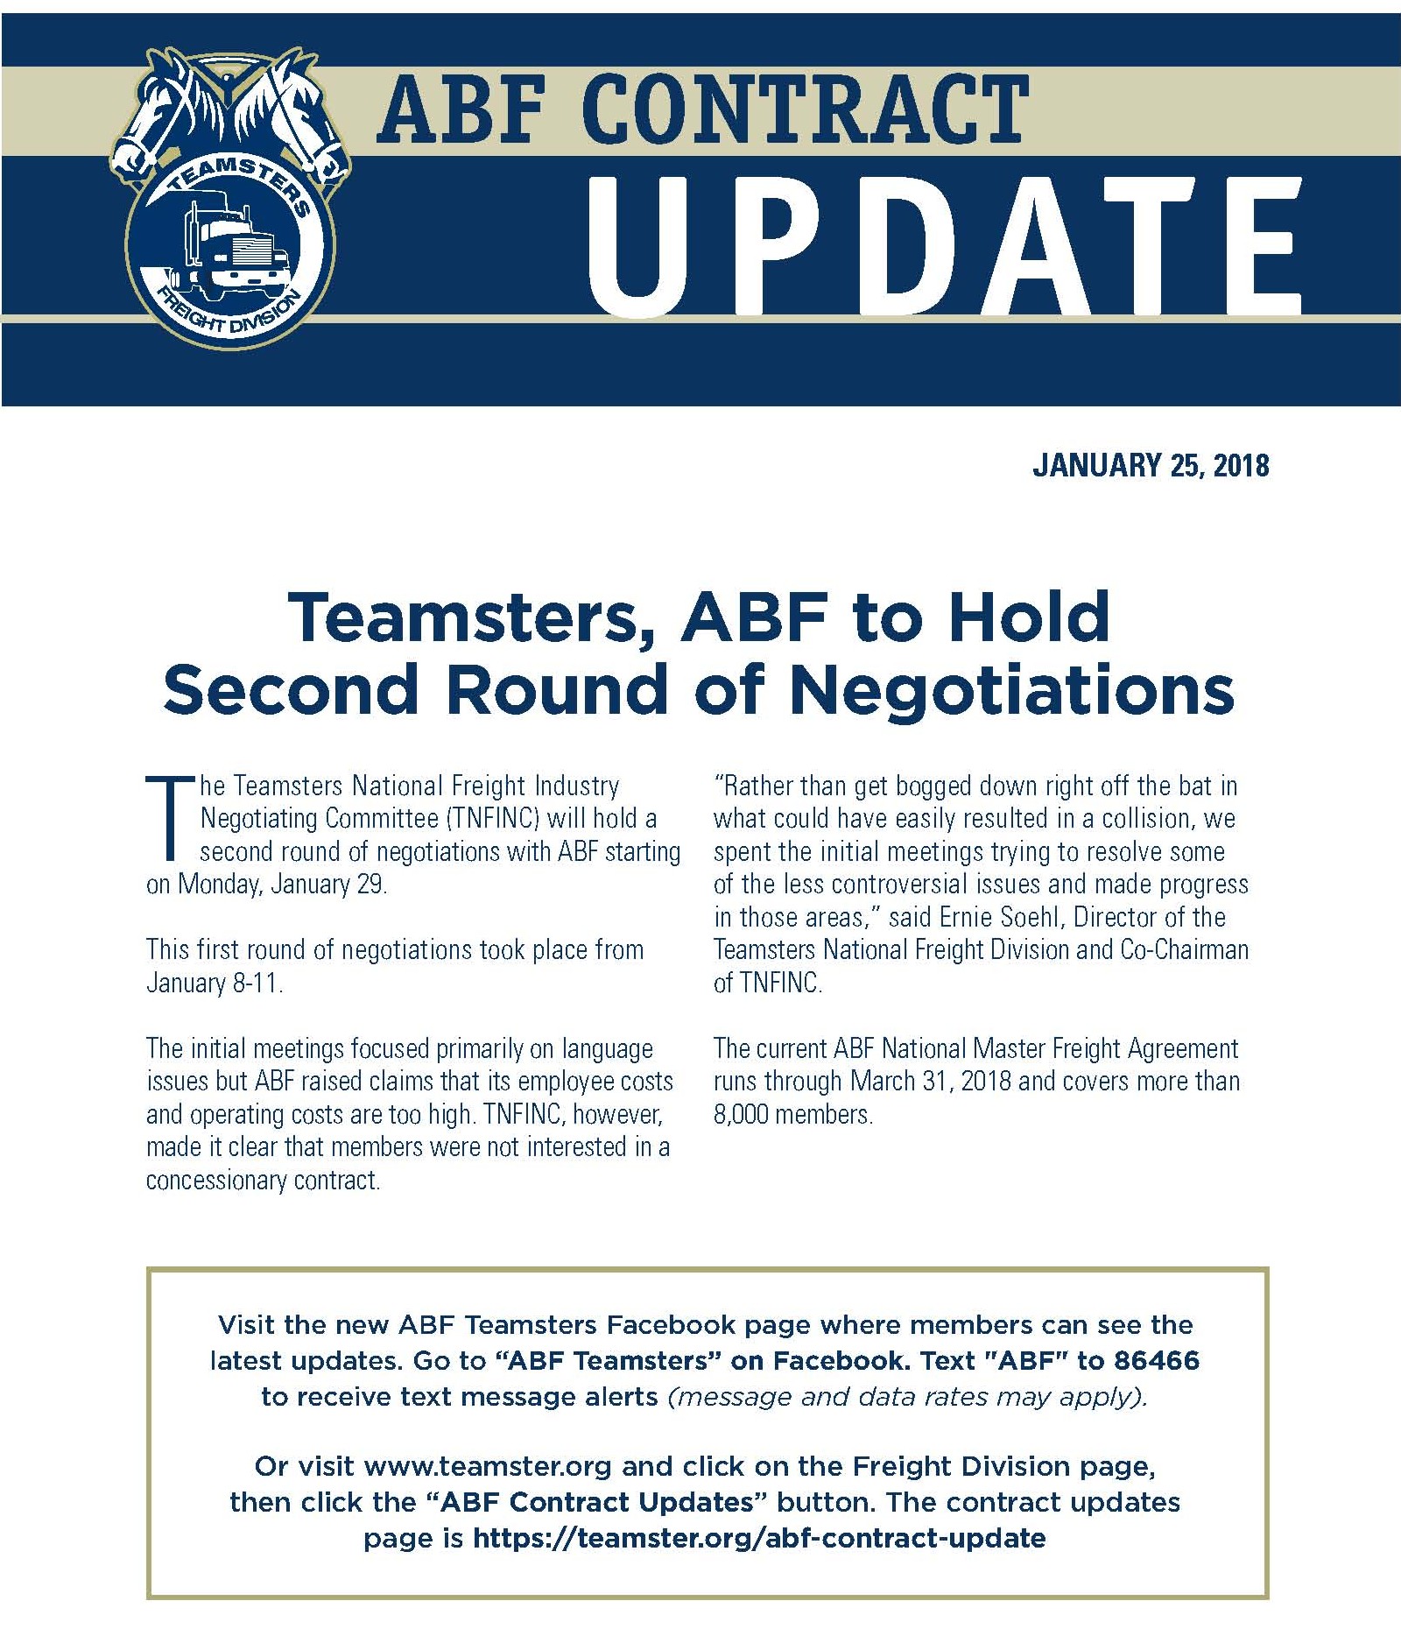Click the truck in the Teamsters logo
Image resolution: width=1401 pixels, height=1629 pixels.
tap(235, 243)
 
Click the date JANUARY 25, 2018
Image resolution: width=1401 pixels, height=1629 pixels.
tap(1151, 465)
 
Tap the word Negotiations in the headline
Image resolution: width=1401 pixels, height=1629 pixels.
tap(1012, 689)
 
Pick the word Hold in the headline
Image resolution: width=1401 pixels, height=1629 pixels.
tap(1030, 617)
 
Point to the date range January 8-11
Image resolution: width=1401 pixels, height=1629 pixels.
tap(214, 983)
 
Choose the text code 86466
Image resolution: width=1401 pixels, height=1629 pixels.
tap(1156, 1360)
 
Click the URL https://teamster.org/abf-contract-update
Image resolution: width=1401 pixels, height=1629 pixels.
tap(759, 1538)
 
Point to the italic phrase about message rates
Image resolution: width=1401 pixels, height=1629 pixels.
tap(907, 1396)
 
